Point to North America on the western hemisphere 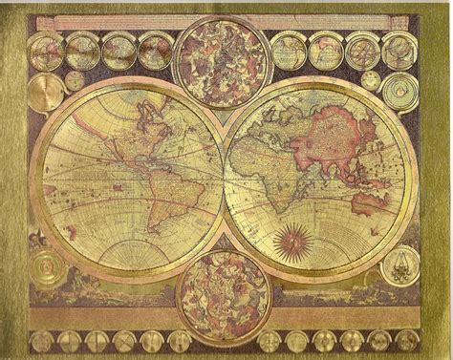click(x=115, y=143)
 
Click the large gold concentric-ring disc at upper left click(x=46, y=93)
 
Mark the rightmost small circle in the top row click(x=395, y=49)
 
